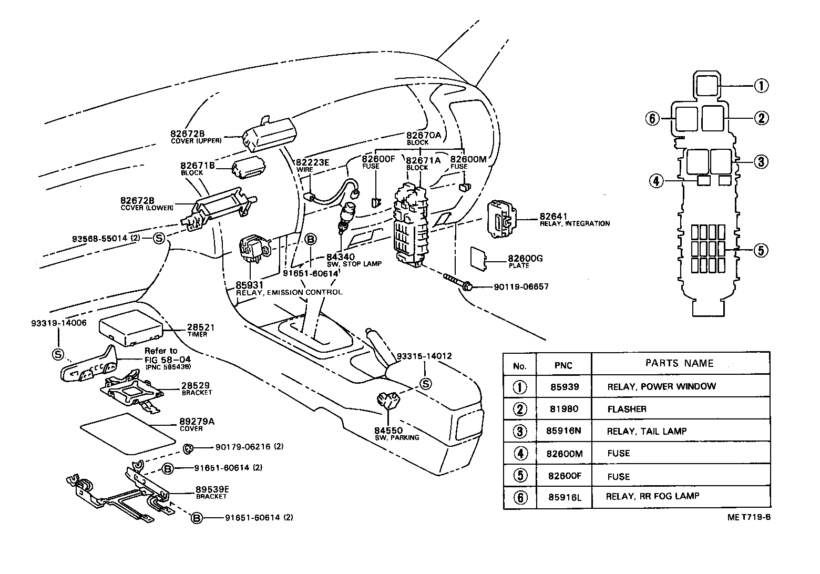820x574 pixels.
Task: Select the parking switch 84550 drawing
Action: click(388, 403)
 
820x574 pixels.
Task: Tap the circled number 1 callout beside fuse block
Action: click(761, 85)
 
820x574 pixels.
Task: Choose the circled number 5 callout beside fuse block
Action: click(761, 250)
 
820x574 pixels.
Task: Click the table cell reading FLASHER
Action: click(627, 409)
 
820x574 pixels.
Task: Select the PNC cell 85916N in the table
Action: click(563, 432)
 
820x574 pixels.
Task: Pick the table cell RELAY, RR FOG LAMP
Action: click(652, 496)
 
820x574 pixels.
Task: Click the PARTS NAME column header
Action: click(679, 363)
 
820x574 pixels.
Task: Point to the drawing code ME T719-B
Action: click(749, 517)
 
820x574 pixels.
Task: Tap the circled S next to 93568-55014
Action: click(159, 239)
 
